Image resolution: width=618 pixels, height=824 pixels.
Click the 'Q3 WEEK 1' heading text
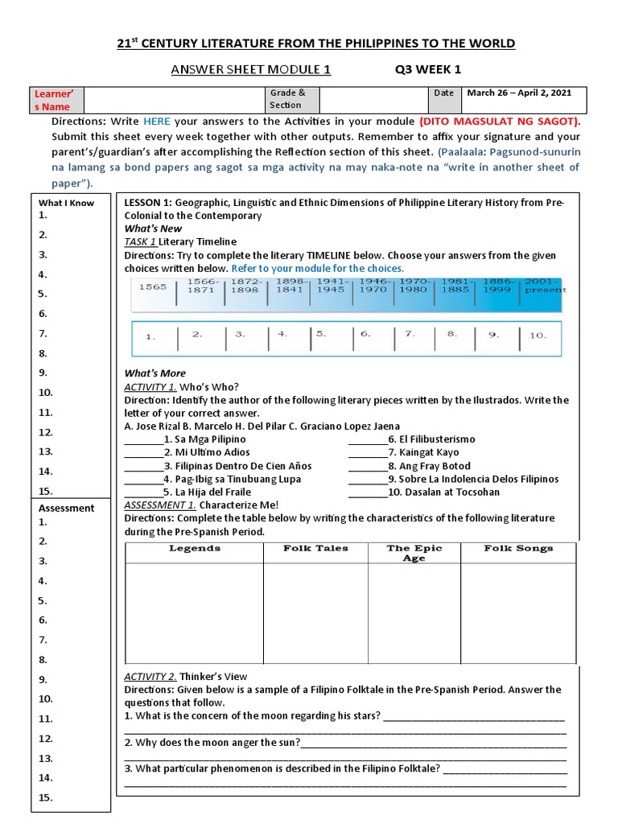pos(427,69)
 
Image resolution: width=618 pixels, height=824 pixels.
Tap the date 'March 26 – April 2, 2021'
pos(519,93)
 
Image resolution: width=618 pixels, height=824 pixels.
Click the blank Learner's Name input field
pos(175,99)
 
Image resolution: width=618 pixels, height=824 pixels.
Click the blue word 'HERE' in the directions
pos(157,121)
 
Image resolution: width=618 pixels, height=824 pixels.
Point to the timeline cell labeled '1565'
pos(152,286)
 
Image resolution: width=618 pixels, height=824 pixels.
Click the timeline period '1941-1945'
pos(330,286)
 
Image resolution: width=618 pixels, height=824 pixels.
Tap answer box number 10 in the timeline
pos(538,336)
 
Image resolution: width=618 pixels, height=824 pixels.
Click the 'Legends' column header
pos(195,549)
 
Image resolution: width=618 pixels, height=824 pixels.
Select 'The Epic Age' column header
pos(414,553)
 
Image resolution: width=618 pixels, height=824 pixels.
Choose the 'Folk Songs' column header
pos(518,549)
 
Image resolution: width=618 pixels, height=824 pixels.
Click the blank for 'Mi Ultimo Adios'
pos(143,453)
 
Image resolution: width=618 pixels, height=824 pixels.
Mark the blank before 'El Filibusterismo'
pos(367,440)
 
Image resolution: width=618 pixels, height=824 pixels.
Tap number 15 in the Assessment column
pos(46,797)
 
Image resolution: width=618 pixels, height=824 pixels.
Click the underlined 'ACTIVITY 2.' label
pos(150,677)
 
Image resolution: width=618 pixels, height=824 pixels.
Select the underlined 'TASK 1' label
pos(140,241)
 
